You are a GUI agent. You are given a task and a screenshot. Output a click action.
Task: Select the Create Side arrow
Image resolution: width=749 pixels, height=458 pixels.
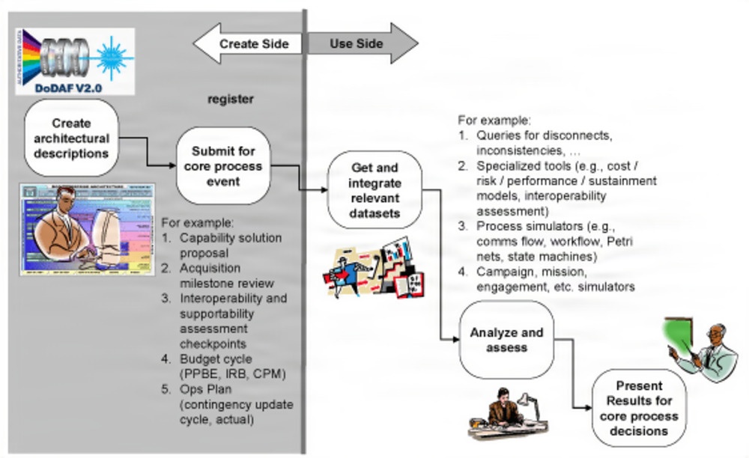[247, 43]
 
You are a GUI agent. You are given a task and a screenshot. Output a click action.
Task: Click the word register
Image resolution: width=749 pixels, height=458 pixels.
[231, 99]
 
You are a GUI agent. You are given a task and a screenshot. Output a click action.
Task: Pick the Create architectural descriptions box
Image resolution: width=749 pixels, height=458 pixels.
[71, 138]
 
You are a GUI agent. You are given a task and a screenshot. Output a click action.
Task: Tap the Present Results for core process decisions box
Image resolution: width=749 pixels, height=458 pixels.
[639, 408]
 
